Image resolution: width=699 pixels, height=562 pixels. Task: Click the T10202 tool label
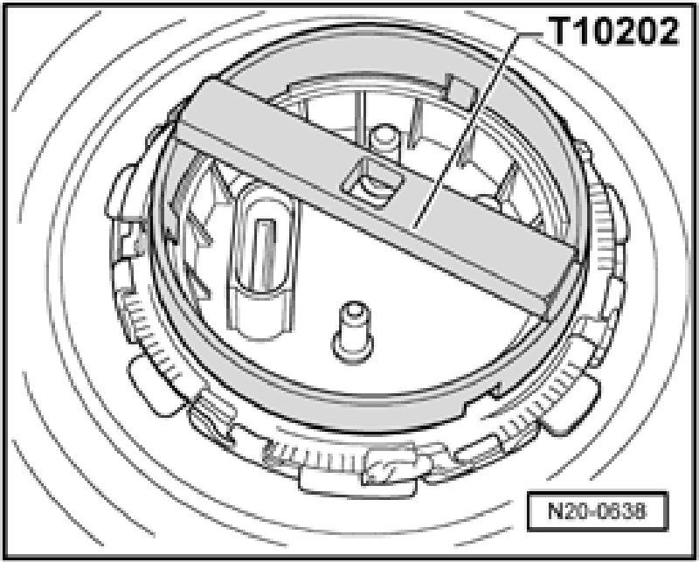(613, 31)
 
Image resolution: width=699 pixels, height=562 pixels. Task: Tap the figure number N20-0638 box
(598, 511)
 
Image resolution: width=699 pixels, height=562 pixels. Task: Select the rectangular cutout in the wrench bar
(373, 184)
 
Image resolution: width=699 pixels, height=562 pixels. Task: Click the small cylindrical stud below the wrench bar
(353, 332)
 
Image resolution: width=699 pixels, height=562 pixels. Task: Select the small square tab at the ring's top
(461, 91)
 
